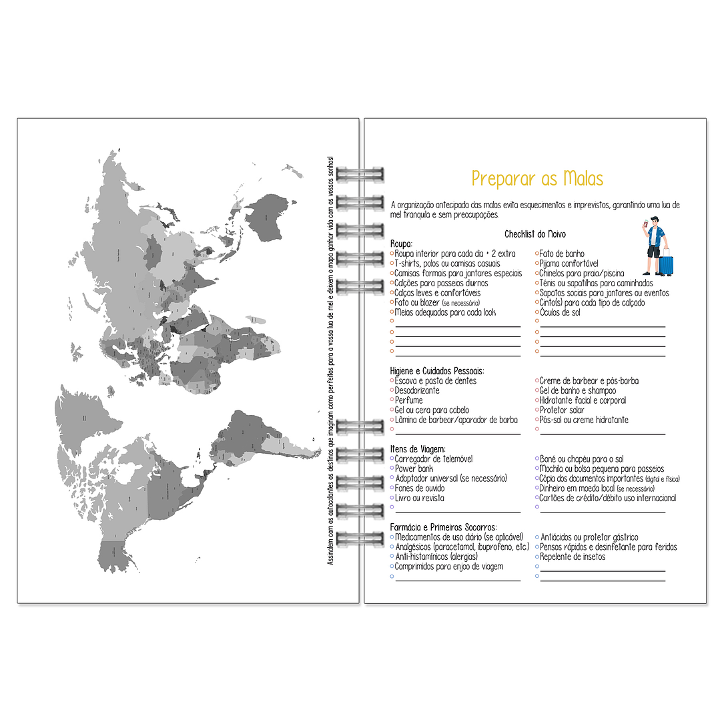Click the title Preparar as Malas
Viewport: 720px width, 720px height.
tap(537, 179)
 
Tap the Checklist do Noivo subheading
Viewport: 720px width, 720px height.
tap(535, 234)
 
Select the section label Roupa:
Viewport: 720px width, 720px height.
tap(402, 244)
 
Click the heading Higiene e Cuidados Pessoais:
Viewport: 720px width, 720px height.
tap(437, 370)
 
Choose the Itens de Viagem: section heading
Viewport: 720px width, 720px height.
tap(418, 449)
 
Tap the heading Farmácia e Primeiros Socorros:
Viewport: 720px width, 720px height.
tap(443, 527)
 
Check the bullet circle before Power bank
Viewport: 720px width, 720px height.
tap(392, 468)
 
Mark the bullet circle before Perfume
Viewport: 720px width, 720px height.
tap(392, 400)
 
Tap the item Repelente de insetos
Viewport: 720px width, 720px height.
tap(572, 557)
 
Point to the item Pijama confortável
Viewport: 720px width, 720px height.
tap(569, 264)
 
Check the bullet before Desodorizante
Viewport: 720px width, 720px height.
tap(392, 390)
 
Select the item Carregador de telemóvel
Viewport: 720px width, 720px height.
tap(433, 458)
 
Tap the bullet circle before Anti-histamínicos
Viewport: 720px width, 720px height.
tap(392, 557)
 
